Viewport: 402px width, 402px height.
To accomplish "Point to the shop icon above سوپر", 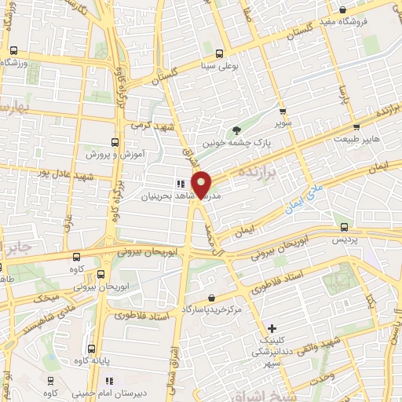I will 283,111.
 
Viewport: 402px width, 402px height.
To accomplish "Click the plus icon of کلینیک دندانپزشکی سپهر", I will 272,328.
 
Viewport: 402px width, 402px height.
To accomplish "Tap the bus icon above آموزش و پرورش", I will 115,142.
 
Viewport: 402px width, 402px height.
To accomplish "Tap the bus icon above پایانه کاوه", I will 93,349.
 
